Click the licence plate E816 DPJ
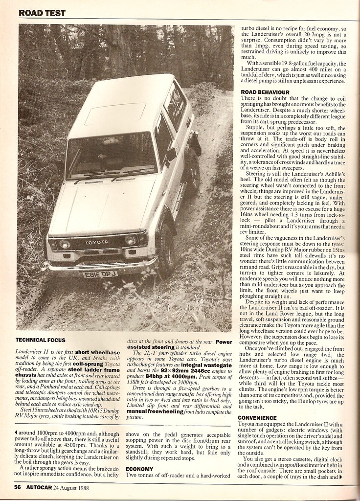(x=100, y=274)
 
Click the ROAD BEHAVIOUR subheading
(x=265, y=92)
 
